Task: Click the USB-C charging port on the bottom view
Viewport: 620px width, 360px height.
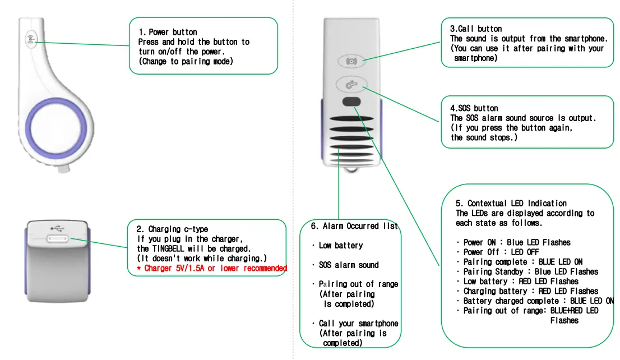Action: [x=58, y=240]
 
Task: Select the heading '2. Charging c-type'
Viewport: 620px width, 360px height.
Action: [x=172, y=229]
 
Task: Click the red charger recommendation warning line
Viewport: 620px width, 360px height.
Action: [x=212, y=268]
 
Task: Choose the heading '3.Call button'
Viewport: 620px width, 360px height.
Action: [x=476, y=29]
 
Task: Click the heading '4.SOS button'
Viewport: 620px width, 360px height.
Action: [x=474, y=108]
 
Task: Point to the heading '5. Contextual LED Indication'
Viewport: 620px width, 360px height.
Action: [x=511, y=203]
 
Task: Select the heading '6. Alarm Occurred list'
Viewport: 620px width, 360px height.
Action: [x=354, y=226]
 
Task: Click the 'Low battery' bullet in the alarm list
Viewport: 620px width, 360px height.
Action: [x=340, y=246]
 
